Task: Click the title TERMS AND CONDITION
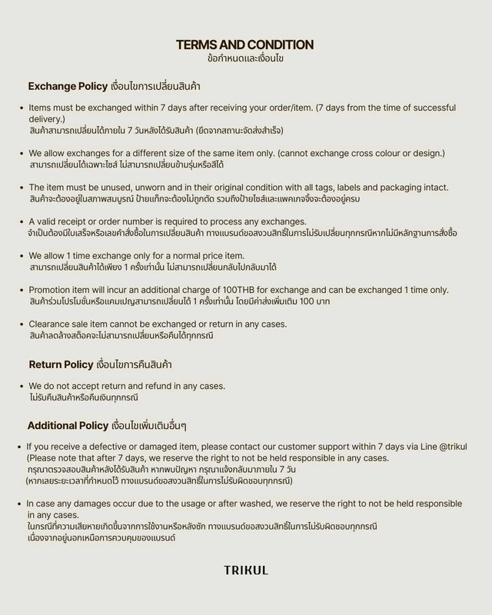click(245, 44)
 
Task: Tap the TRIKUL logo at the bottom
click(246, 570)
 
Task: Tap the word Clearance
click(49, 324)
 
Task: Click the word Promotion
click(52, 289)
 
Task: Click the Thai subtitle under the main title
click(245, 58)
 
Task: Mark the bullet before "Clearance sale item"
click(20, 324)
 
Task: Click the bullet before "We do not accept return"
click(20, 386)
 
